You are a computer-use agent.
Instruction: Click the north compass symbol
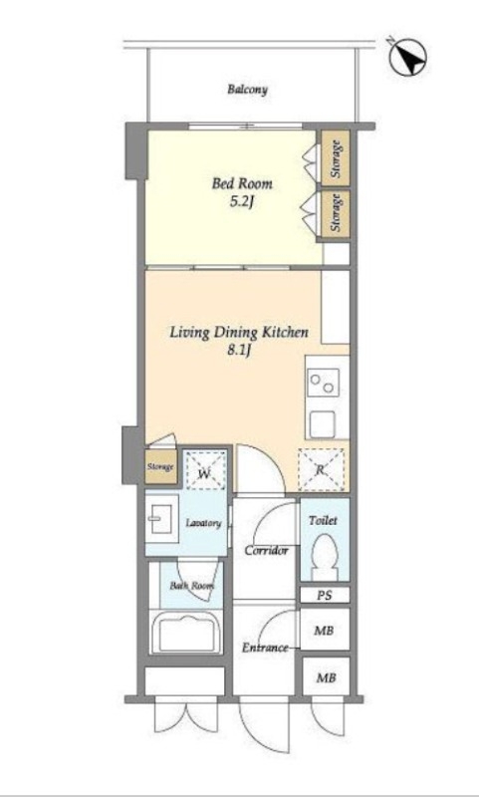[x=407, y=57]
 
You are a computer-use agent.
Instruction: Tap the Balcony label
[x=247, y=90]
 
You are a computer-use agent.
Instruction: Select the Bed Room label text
[x=242, y=183]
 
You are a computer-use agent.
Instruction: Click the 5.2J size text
[x=242, y=202]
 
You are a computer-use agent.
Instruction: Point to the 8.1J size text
[x=239, y=351]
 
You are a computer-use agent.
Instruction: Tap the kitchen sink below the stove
[x=323, y=422]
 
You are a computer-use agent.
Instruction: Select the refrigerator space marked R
[x=320, y=469]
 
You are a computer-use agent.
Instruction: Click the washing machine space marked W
[x=204, y=470]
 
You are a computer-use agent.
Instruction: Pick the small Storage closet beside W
[x=161, y=466]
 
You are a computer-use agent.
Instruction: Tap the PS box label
[x=325, y=595]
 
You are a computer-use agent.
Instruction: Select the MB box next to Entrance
[x=325, y=630]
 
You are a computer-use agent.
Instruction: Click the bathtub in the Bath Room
[x=187, y=633]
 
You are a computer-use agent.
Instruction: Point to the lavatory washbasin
[x=161, y=518]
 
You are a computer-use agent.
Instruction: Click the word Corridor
[x=267, y=551]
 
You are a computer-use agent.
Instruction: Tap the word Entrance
[x=265, y=649]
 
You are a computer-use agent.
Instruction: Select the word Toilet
[x=323, y=520]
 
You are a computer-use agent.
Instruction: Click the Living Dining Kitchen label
[x=239, y=333]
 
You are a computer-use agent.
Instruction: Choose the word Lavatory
[x=203, y=524]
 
